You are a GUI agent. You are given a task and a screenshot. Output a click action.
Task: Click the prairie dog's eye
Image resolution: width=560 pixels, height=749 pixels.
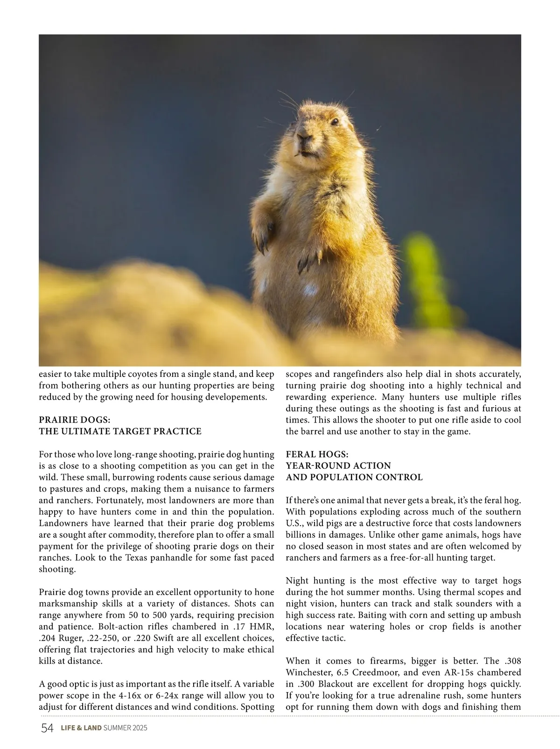point(335,122)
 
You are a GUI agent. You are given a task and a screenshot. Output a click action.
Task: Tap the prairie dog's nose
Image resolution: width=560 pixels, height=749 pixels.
point(304,138)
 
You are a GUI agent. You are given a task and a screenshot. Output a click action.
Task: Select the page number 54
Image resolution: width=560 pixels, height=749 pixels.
point(47,728)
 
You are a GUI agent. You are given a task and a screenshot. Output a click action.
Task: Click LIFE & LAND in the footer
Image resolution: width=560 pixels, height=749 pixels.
point(81,728)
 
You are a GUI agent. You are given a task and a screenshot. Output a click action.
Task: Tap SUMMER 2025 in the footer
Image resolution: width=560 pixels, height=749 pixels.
point(125,728)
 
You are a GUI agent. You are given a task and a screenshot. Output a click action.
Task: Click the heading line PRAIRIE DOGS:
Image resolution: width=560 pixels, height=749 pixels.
point(74,420)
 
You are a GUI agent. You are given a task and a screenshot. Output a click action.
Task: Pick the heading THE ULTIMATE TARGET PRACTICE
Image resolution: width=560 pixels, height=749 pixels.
point(120,431)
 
